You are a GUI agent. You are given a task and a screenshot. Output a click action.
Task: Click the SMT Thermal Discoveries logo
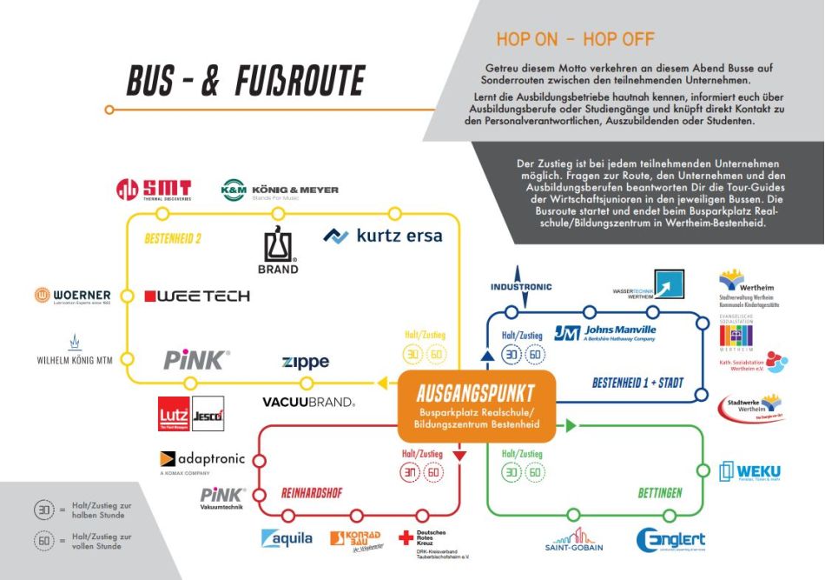point(155,190)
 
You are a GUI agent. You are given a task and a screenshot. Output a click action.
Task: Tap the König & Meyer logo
point(280,190)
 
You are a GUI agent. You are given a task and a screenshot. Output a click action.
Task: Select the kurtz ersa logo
point(383,236)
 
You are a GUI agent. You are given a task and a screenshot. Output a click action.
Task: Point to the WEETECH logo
point(197,297)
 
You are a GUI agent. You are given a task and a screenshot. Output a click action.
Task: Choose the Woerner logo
point(73,296)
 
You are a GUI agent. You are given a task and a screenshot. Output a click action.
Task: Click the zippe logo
point(306,362)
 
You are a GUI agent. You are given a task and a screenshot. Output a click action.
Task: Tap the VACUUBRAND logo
point(309,402)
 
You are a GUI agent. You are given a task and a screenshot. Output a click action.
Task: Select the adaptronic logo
point(203,460)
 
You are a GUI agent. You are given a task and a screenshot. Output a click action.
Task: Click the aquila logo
point(287,538)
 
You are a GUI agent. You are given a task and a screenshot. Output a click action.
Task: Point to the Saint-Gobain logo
point(573,539)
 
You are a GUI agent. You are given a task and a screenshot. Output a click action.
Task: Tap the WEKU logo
point(749,472)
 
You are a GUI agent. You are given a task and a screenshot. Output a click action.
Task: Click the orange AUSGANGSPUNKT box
point(475,406)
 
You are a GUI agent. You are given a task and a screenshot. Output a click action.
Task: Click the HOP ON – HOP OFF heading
point(575,39)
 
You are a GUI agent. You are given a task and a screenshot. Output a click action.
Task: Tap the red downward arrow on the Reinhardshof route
point(460,455)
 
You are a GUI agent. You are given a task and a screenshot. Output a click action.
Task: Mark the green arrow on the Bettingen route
point(571,425)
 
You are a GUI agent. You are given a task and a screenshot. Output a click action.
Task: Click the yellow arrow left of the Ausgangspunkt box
point(381,383)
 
